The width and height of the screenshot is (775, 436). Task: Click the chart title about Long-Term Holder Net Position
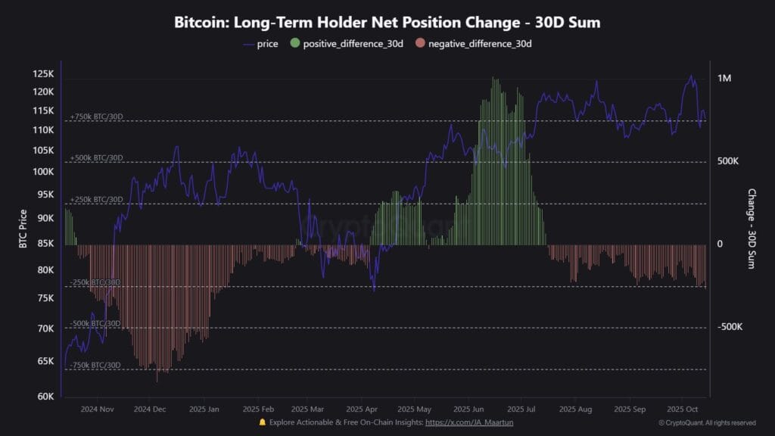pos(387,22)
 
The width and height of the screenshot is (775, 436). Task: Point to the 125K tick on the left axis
pos(43,74)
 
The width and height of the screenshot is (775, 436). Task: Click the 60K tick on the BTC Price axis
pos(45,396)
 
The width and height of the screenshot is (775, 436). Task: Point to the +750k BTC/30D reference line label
pos(96,117)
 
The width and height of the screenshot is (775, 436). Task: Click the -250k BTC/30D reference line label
pos(95,282)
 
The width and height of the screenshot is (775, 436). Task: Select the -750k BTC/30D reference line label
pos(95,365)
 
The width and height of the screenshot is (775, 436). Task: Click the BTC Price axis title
pos(23,229)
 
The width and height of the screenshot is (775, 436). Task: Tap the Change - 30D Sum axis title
pos(752,229)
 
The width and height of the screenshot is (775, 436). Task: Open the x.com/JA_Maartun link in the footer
pos(469,422)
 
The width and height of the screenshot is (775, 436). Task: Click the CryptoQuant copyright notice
pos(707,422)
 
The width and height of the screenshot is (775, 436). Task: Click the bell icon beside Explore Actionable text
pos(263,422)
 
